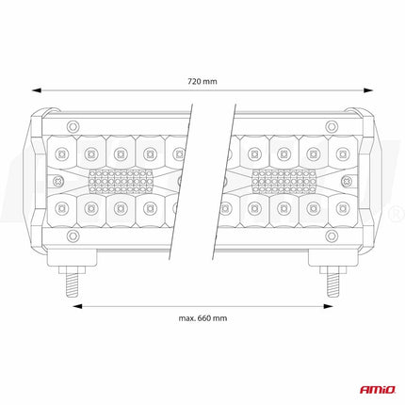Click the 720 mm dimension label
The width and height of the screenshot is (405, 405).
202,81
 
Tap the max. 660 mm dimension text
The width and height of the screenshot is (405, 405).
202,318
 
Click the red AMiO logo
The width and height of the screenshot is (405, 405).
378,390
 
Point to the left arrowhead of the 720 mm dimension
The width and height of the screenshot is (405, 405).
37,90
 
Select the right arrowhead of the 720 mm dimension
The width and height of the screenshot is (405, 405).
368,90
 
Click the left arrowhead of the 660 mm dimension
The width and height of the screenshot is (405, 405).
77,306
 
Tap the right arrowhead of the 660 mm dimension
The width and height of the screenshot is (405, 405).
328,306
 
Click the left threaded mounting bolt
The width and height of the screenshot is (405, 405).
73,282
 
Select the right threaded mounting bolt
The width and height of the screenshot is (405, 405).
332,282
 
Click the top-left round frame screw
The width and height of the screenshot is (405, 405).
73,126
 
